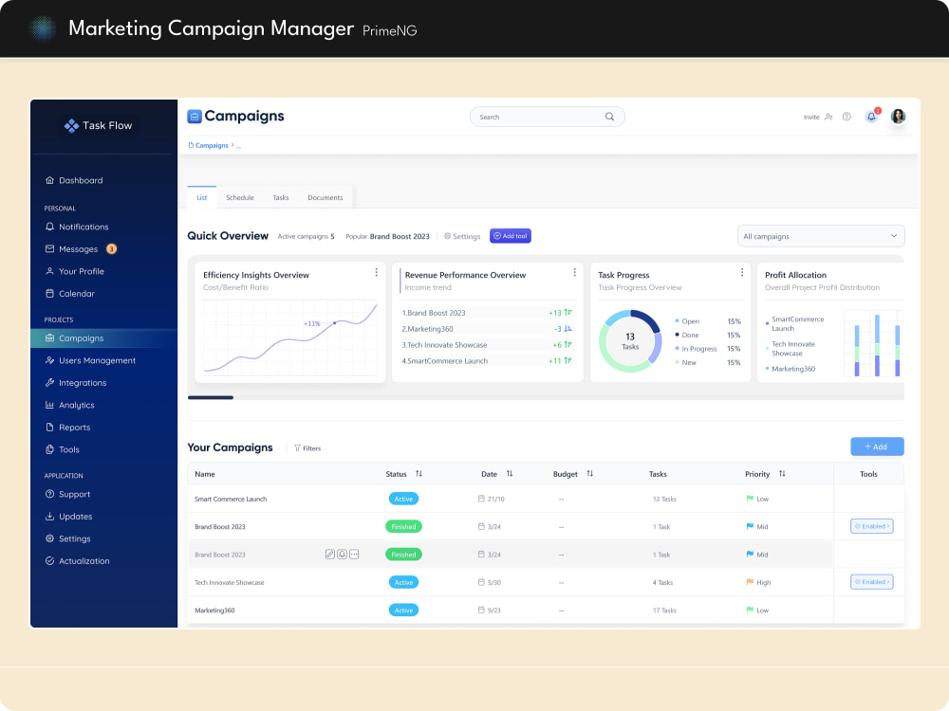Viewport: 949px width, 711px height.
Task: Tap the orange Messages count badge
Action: [x=111, y=248]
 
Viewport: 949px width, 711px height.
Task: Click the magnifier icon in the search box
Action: [x=609, y=117]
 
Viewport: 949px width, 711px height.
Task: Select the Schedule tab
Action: [x=240, y=198]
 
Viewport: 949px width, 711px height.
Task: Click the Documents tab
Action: [x=325, y=198]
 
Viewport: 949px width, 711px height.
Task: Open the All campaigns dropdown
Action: [x=821, y=236]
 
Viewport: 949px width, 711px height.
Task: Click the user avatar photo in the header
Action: [x=898, y=116]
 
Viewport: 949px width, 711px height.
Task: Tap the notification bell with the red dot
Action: [x=871, y=116]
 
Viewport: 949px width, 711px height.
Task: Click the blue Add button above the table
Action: [x=877, y=447]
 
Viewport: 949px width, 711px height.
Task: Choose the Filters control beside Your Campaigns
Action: [x=307, y=448]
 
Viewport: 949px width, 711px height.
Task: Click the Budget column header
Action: [x=566, y=474]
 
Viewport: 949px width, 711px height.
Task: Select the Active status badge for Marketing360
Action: [x=403, y=610]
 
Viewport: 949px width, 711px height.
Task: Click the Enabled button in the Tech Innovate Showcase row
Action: [x=871, y=582]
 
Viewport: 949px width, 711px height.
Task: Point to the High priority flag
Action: [x=750, y=582]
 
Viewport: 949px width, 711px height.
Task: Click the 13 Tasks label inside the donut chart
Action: [x=630, y=341]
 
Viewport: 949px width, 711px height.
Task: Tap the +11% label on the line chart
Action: [x=311, y=323]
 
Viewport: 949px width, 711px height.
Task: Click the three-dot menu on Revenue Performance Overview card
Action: [x=574, y=273]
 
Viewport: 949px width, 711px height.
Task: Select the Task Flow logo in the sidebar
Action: [x=98, y=125]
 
